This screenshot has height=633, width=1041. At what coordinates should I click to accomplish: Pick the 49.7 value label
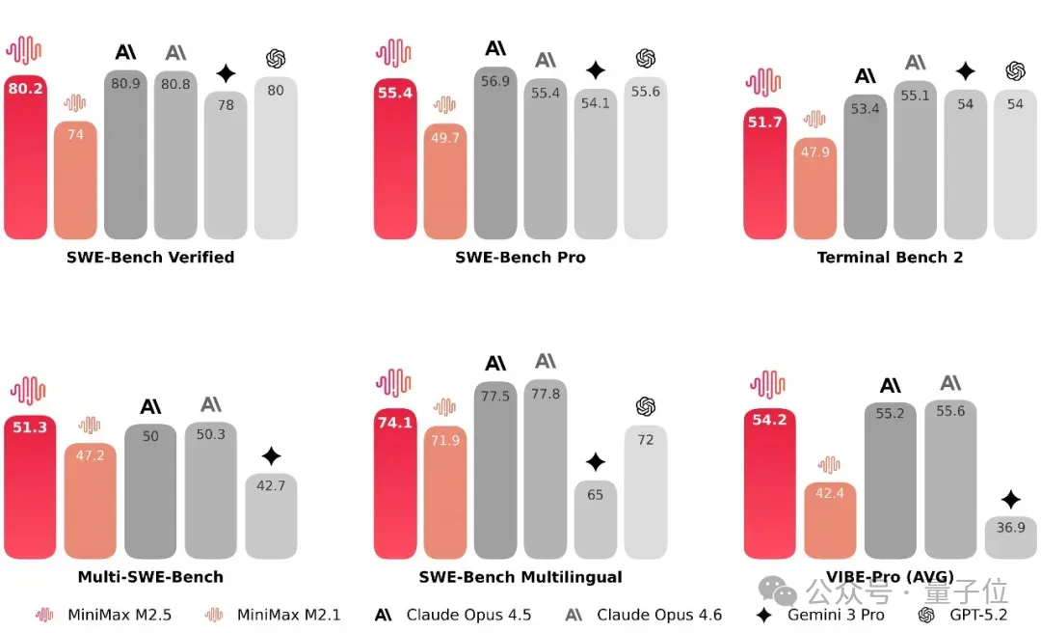coord(445,138)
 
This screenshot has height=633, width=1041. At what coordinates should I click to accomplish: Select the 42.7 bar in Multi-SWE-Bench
coord(271,515)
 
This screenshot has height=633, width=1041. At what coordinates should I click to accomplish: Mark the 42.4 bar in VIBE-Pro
coord(829,520)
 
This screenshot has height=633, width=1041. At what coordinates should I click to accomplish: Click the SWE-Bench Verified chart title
coord(150,257)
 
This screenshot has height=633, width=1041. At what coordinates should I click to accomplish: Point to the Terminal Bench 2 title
coord(890,257)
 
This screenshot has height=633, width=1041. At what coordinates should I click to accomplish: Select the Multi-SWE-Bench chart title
coord(150,577)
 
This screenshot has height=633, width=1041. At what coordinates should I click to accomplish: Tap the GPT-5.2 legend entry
coord(964,615)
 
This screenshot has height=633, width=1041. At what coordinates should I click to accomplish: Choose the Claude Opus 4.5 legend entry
coord(453,615)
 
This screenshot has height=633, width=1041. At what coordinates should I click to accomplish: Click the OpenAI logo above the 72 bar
coord(646,406)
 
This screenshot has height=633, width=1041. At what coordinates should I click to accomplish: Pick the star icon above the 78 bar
coord(226,73)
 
